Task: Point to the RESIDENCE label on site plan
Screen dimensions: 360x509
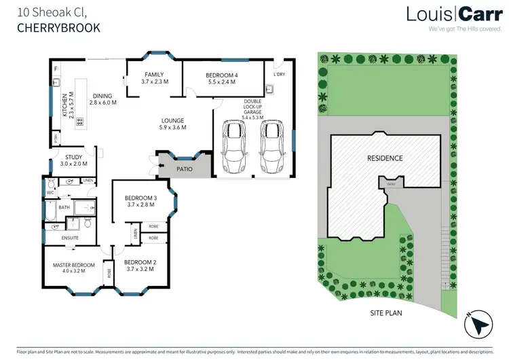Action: (x=385, y=158)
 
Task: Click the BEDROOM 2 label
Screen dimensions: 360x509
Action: (x=140, y=262)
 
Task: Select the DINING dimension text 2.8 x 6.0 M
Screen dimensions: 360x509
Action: (x=104, y=103)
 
